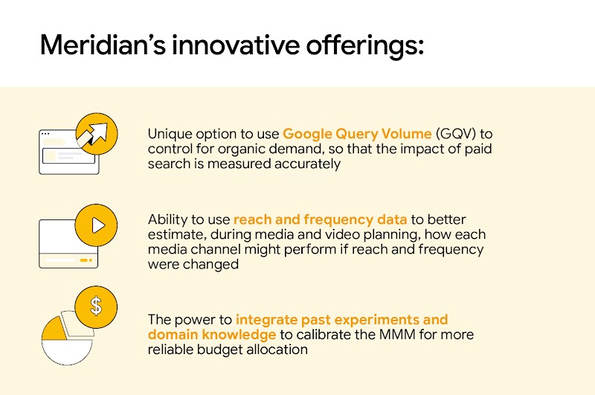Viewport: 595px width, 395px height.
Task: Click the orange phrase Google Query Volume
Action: click(357, 134)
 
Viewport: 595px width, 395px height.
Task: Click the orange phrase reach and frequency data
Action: click(320, 219)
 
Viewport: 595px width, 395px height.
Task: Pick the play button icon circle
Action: click(96, 226)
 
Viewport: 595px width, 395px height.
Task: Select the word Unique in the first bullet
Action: click(170, 134)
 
